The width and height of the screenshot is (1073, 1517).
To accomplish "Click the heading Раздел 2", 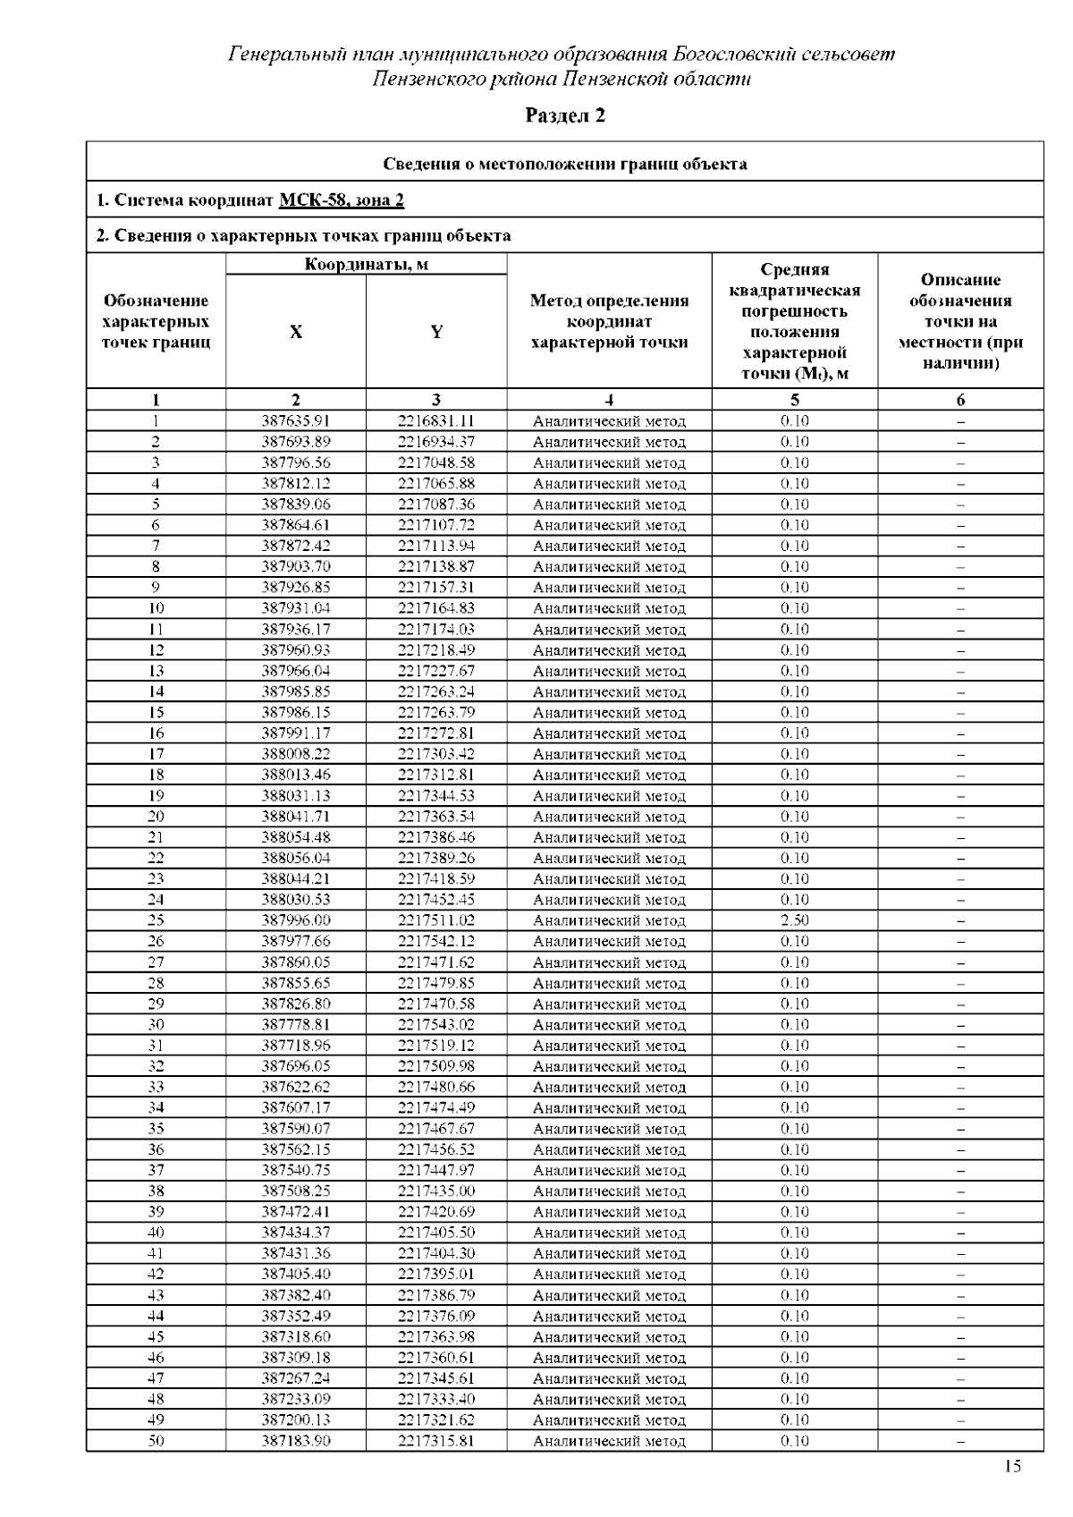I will point(564,115).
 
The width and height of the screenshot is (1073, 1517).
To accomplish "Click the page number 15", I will point(1012,1466).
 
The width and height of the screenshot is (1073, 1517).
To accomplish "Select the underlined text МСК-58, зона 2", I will point(341,199).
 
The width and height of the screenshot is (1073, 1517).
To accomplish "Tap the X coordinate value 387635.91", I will point(296,421).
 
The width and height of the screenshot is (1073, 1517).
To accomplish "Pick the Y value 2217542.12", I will point(436,942).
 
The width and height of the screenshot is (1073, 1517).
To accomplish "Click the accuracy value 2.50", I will point(794,920).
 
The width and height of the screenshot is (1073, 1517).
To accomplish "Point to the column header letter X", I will point(296,332).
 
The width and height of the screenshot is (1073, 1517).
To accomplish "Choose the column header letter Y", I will point(436,332).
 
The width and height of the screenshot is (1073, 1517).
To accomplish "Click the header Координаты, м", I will point(366,265).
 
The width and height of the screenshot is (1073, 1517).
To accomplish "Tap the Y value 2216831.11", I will point(436,421).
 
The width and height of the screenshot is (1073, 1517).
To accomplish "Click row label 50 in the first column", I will point(156,1441).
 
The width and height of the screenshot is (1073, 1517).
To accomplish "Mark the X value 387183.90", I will point(296,1441).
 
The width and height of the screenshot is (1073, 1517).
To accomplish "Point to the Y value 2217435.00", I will point(436,1191).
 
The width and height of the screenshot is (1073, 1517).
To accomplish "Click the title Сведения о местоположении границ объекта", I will point(564,164).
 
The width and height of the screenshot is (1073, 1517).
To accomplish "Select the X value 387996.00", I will point(296,920).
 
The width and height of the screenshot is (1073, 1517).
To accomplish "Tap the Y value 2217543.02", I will point(436,1025).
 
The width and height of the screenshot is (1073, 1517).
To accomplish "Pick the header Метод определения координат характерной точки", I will point(609,322).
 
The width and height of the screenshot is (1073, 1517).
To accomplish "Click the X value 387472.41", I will point(296,1212).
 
